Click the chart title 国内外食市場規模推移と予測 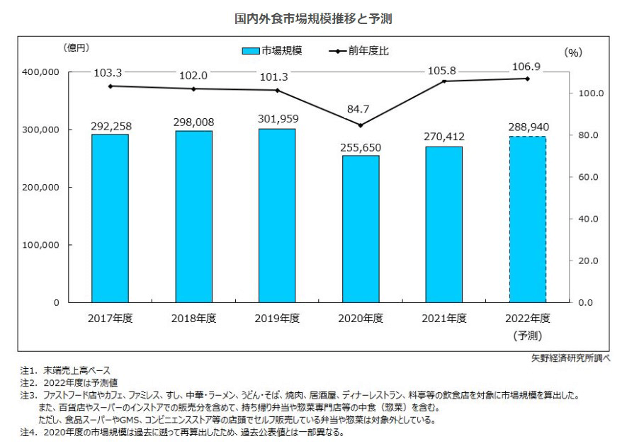coord(313,18)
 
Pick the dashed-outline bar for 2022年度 coord(528,219)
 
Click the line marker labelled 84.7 coord(361,125)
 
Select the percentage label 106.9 coord(526,66)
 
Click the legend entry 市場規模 coord(272,51)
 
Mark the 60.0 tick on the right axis coord(588,177)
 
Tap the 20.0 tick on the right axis coord(588,261)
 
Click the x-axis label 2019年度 coord(277,318)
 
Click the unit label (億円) coord(76,47)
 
